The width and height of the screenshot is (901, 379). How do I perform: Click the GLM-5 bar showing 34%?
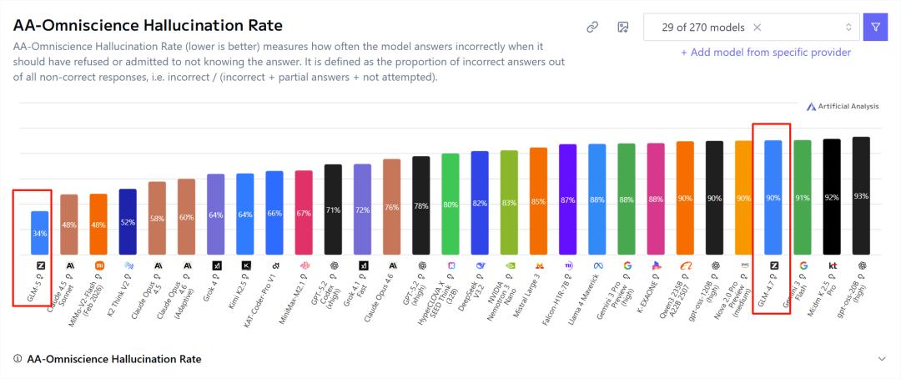[x=39, y=233]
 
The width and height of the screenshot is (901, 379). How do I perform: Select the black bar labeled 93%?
[x=861, y=196]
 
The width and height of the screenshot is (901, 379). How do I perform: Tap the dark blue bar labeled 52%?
[x=128, y=222]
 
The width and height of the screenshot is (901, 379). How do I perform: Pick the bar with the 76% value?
[x=391, y=207]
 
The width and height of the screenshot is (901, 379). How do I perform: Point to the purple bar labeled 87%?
[x=567, y=200]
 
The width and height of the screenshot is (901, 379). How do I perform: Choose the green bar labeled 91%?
[x=802, y=198]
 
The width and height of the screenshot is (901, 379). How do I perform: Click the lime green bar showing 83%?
[x=509, y=203]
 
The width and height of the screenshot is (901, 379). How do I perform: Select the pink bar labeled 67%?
[x=304, y=213]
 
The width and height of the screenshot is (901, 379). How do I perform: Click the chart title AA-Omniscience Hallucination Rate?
[x=148, y=26]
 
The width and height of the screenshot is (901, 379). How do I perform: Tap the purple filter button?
[x=875, y=27]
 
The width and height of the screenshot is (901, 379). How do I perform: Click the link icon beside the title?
[x=592, y=27]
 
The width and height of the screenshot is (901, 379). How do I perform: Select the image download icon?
[x=622, y=27]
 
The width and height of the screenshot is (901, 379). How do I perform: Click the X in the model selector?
[x=757, y=27]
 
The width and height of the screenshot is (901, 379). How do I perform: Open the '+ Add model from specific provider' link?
[x=766, y=53]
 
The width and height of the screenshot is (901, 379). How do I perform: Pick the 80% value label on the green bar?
[x=450, y=205]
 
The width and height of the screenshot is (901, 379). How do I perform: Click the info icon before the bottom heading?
[x=18, y=359]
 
